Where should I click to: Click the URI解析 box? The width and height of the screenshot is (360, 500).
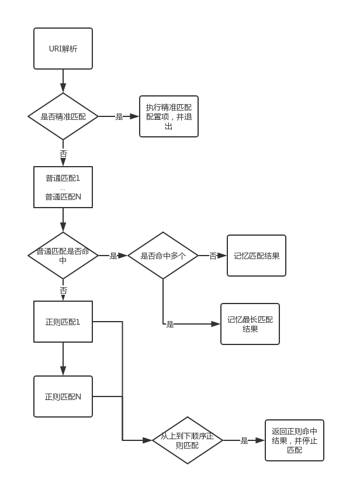[x=63, y=49]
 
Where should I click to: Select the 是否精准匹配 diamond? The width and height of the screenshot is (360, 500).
[x=63, y=116]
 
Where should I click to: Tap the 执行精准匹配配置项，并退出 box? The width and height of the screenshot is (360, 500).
[x=169, y=116]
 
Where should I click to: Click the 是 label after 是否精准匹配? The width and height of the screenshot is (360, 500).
[x=119, y=116]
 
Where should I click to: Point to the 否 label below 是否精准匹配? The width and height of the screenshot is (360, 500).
[x=63, y=153]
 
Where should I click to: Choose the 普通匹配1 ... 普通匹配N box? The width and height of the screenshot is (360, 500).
[x=63, y=187]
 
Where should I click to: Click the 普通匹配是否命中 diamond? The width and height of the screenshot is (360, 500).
[x=63, y=256]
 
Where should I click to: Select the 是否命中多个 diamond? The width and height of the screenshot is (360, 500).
[x=163, y=256]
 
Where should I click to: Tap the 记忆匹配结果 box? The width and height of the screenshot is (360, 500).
[x=257, y=256]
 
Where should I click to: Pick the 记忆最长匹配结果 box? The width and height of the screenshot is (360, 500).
[x=250, y=324]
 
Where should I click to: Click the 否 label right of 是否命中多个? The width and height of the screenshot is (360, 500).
[x=213, y=256]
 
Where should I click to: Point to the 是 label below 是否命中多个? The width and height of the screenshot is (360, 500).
[x=170, y=324]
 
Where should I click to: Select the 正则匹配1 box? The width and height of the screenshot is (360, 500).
[x=63, y=322]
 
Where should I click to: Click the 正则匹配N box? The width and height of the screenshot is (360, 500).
[x=63, y=396]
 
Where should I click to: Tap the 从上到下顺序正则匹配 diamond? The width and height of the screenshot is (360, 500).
[x=188, y=440]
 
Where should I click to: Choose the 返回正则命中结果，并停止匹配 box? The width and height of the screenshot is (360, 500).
[x=295, y=440]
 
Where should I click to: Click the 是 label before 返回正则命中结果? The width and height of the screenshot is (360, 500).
[x=244, y=440]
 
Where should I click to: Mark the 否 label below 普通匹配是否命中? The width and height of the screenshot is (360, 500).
[x=63, y=290]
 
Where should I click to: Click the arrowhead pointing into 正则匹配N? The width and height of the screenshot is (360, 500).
[x=63, y=371]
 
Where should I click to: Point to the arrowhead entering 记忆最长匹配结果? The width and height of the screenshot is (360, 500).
[x=216, y=324]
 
